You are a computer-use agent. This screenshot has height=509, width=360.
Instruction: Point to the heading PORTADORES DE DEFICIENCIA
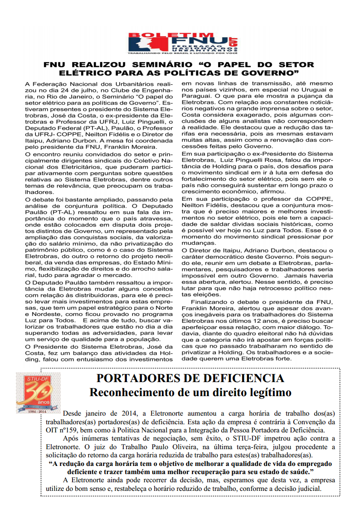pos(190,378)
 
